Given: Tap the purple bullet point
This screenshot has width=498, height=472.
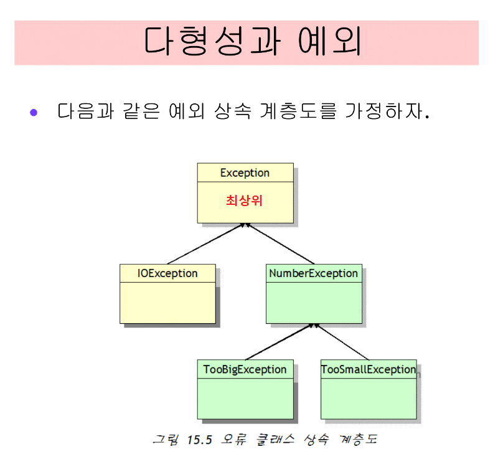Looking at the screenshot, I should coord(34,113).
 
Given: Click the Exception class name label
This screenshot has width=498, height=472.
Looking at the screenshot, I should coord(245,172).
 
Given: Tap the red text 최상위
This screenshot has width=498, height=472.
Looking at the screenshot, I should coord(245,201).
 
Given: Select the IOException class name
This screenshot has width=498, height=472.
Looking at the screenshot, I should coord(167,273).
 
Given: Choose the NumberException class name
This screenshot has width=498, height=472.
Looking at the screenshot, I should coord(313,273).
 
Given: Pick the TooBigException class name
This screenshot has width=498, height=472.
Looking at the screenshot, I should coord(245,369).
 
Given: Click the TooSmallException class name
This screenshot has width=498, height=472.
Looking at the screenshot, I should coord(368,369).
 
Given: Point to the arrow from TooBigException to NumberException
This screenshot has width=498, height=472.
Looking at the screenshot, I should coord(280,342).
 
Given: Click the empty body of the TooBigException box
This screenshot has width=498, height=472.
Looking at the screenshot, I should coord(245,398).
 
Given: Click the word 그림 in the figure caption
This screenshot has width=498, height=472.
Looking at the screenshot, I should coord(165,440).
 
